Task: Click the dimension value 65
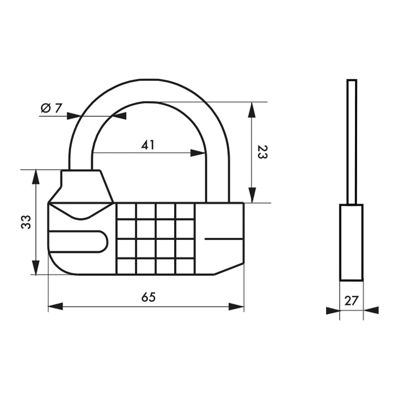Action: (148, 297)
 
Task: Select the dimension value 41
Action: (148, 145)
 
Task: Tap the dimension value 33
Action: (26, 222)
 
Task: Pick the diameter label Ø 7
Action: (51, 108)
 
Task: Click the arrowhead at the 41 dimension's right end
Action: (199, 154)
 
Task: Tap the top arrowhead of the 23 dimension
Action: (252, 109)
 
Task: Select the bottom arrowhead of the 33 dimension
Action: (36, 267)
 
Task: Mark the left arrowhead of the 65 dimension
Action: (55, 306)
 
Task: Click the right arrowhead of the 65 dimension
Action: (236, 306)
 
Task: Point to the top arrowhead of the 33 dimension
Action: (36, 177)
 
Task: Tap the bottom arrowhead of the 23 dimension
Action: (252, 196)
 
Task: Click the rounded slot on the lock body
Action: (78, 242)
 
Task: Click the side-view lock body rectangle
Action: (351, 242)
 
